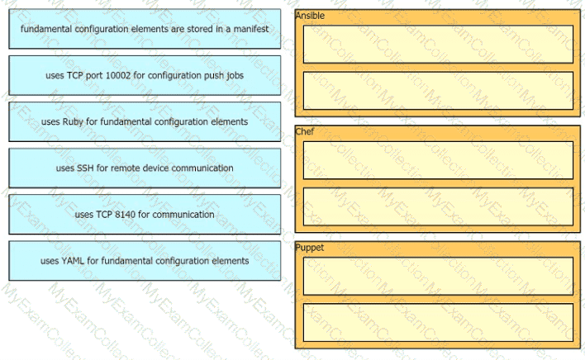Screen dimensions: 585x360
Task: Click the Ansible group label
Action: tap(310, 16)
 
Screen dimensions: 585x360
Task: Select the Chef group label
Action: tap(304, 131)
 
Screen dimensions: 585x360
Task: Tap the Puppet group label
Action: tap(309, 248)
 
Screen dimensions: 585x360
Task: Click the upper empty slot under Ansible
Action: tap(438, 44)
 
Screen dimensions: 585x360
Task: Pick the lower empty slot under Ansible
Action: tap(438, 91)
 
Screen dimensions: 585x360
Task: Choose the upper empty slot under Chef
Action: tap(438, 160)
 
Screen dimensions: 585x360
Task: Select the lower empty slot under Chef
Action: tap(438, 206)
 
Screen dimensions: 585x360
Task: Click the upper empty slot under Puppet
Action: tap(438, 276)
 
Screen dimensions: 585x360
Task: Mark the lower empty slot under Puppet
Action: tap(438, 322)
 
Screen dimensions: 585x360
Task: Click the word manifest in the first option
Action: tap(250, 29)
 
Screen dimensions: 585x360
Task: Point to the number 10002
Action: tap(118, 75)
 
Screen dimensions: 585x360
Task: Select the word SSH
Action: tap(85, 168)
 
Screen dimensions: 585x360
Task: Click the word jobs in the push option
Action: tap(235, 76)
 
